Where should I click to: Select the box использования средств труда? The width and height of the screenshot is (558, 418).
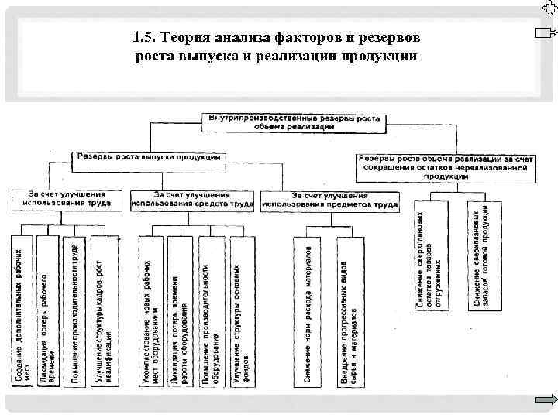192,199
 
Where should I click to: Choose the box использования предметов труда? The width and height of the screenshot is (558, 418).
329,200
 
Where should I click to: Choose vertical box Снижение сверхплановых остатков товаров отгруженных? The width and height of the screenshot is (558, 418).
431,256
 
